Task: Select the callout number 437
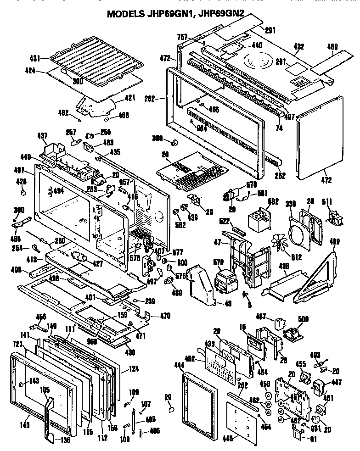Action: click(x=42, y=136)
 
